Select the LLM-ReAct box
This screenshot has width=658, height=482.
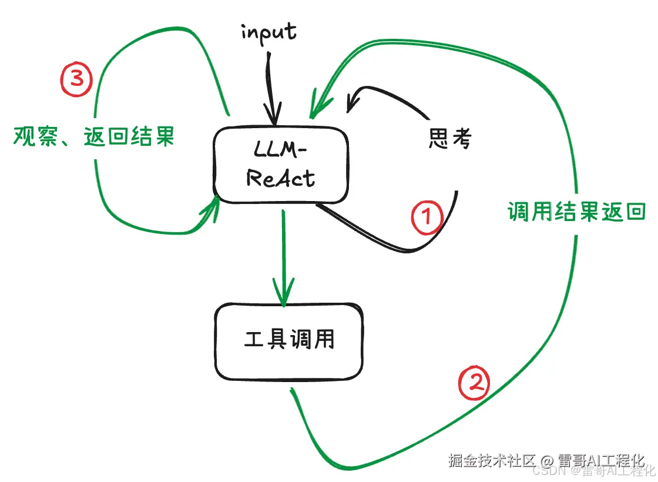tap(281, 164)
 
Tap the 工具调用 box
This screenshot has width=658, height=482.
tap(288, 340)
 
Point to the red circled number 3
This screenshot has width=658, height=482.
tap(77, 79)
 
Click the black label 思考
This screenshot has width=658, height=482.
tap(449, 139)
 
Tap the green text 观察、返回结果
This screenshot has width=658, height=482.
tap(93, 137)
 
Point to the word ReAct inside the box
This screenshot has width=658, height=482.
tap(281, 178)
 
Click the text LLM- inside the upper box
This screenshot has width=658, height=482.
tap(281, 152)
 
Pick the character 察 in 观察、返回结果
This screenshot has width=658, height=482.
tap(43, 137)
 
